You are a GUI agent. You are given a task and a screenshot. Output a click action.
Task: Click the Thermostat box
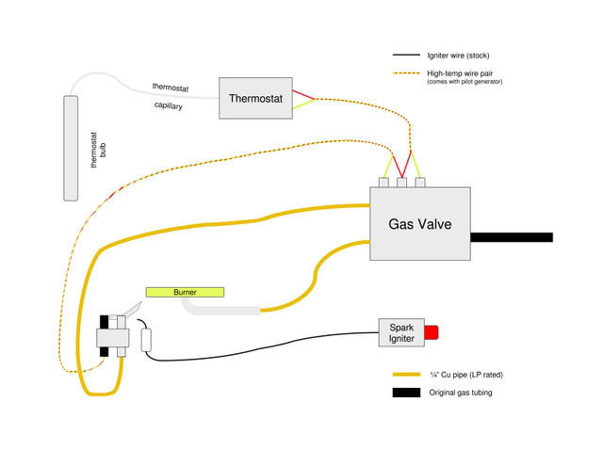tap(254, 98)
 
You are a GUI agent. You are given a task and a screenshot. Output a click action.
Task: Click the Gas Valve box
tap(420, 224)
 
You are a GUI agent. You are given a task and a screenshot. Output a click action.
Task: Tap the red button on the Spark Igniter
tap(432, 332)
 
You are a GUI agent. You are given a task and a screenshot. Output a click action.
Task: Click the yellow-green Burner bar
tap(185, 292)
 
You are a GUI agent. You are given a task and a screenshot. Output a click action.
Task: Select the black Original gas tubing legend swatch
tap(406, 393)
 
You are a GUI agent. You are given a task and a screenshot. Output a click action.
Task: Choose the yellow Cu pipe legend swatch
tap(406, 373)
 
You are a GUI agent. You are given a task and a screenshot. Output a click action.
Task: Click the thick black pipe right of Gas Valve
tap(511, 237)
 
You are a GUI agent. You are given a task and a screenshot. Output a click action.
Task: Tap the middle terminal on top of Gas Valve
tap(401, 182)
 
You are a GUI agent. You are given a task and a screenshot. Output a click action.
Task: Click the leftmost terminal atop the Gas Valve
tap(384, 182)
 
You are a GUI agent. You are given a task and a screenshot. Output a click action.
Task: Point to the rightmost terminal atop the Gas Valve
tap(420, 182)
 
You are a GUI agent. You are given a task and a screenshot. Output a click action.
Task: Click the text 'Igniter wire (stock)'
tap(459, 55)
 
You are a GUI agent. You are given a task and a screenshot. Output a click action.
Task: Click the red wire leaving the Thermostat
tap(302, 94)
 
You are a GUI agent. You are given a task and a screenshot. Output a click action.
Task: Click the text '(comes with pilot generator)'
tap(464, 83)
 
